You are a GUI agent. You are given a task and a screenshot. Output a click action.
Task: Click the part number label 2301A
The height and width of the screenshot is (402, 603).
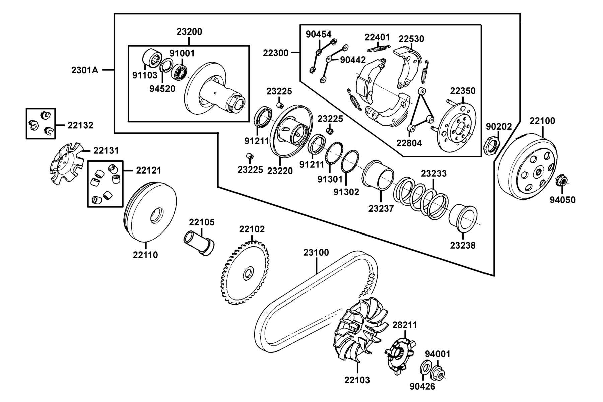coord(85,70)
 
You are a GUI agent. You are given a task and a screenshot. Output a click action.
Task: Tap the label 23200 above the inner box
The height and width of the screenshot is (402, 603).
coord(189,32)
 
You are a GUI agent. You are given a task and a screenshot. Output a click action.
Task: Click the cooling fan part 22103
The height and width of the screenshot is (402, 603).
coord(358,332)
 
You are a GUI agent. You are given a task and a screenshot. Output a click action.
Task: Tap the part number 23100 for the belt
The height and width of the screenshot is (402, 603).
coord(316,252)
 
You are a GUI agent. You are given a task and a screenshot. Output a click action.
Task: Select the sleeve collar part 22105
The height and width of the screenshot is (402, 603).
coord(199,244)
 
